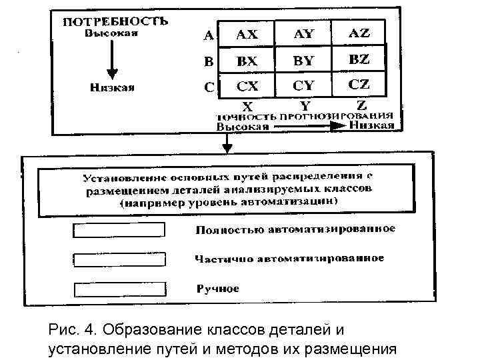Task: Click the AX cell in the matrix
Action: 247,34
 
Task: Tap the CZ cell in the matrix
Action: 359,85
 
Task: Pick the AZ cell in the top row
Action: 359,33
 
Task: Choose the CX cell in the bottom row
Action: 247,87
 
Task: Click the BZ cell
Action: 359,60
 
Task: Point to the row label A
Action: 209,35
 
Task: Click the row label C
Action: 209,87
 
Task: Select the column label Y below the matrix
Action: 305,105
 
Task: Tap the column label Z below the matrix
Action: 361,105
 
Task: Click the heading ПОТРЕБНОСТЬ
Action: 115,21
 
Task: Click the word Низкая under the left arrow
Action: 113,87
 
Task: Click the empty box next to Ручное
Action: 118,289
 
